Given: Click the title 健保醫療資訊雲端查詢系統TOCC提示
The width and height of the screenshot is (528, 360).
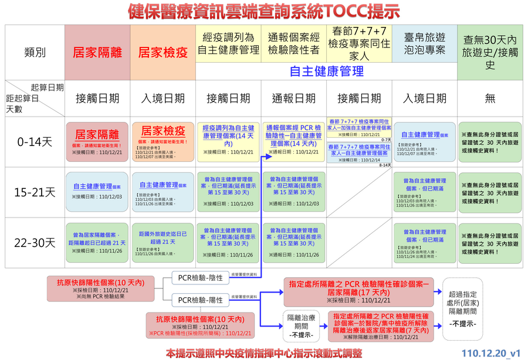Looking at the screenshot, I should pyautogui.click(x=263, y=12).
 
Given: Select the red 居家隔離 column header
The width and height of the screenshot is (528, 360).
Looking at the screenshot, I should pyautogui.click(x=97, y=52).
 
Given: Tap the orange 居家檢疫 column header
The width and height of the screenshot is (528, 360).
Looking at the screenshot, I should pyautogui.click(x=163, y=52).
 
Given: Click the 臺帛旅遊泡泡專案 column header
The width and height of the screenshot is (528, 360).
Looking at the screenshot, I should pyautogui.click(x=425, y=44).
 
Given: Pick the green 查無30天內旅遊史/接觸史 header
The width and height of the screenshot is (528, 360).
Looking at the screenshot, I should pyautogui.click(x=490, y=52).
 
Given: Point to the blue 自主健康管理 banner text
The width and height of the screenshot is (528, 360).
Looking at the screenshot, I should pyautogui.click(x=326, y=71).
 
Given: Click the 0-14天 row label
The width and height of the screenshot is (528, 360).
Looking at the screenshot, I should pyautogui.click(x=35, y=142).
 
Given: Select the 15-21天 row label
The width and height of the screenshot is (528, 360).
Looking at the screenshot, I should pyautogui.click(x=35, y=192).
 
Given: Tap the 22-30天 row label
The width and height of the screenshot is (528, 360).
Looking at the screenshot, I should pyautogui.click(x=35, y=242).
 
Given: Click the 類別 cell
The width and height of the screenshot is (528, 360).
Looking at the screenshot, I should pyautogui.click(x=35, y=52).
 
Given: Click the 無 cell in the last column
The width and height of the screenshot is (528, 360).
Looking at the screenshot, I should pyautogui.click(x=490, y=99).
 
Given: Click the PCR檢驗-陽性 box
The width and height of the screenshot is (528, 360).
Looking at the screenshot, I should pyautogui.click(x=201, y=300).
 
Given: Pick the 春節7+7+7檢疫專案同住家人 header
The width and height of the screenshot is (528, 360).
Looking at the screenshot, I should pyautogui.click(x=359, y=44).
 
